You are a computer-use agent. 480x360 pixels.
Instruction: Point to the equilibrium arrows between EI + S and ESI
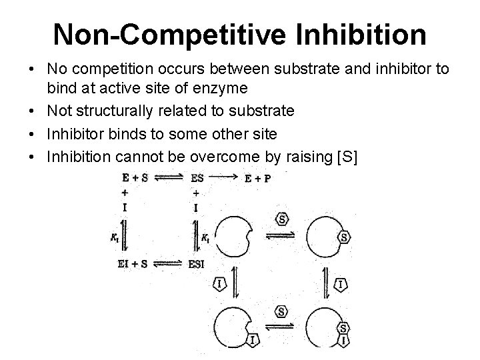pos(166,263)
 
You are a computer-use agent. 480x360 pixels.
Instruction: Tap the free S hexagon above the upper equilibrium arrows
pos(281,219)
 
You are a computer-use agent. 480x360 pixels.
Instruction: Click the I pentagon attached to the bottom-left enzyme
pos(253,341)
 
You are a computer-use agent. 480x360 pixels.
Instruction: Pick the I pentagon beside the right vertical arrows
pos(341,285)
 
